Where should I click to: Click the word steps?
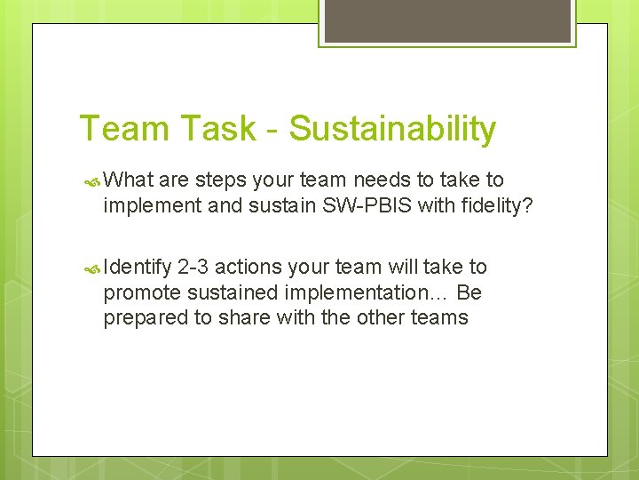pyautogui.click(x=219, y=180)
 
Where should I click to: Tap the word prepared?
pyautogui.click(x=143, y=317)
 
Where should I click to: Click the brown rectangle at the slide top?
pyautogui.click(x=446, y=20)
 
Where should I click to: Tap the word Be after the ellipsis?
pyautogui.click(x=469, y=292)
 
